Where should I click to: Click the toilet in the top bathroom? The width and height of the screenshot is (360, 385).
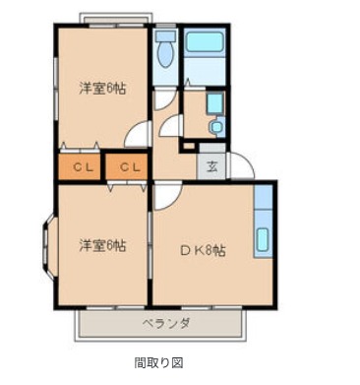tap(165, 50)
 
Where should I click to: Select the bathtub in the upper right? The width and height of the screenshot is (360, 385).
tap(205, 41)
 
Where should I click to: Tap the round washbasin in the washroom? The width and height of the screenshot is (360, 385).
tap(216, 127)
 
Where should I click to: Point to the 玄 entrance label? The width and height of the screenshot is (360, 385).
tap(211, 167)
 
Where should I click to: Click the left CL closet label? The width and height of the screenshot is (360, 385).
tap(84, 167)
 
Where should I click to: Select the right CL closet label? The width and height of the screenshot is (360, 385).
tap(130, 167)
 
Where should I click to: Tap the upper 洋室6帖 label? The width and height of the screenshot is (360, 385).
tap(102, 89)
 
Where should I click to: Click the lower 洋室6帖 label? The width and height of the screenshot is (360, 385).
tap(102, 245)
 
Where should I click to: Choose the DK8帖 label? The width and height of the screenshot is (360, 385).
tap(203, 251)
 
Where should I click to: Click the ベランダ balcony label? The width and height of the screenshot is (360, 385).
tap(166, 324)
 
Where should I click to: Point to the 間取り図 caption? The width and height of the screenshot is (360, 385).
tap(158, 362)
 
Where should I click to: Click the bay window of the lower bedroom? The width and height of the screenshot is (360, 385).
tap(48, 247)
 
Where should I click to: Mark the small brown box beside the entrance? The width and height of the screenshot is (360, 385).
tap(188, 146)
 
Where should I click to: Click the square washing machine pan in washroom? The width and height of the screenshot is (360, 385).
tap(214, 103)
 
